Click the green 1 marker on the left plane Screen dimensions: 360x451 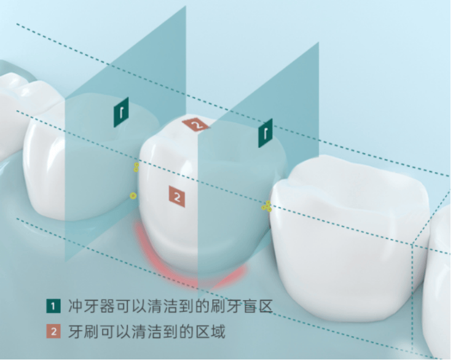(121, 112)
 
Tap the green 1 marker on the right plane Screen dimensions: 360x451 (265, 133)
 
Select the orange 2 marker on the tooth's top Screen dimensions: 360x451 (196, 125)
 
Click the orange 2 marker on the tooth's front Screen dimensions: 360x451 (177, 197)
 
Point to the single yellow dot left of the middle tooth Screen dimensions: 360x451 (133, 195)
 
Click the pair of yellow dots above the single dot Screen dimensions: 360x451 (136, 167)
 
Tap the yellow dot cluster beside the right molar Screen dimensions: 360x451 (266, 206)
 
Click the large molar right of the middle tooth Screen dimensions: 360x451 (347, 239)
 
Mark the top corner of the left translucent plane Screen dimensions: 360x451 (185, 7)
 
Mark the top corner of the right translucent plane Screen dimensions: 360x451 (318, 43)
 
